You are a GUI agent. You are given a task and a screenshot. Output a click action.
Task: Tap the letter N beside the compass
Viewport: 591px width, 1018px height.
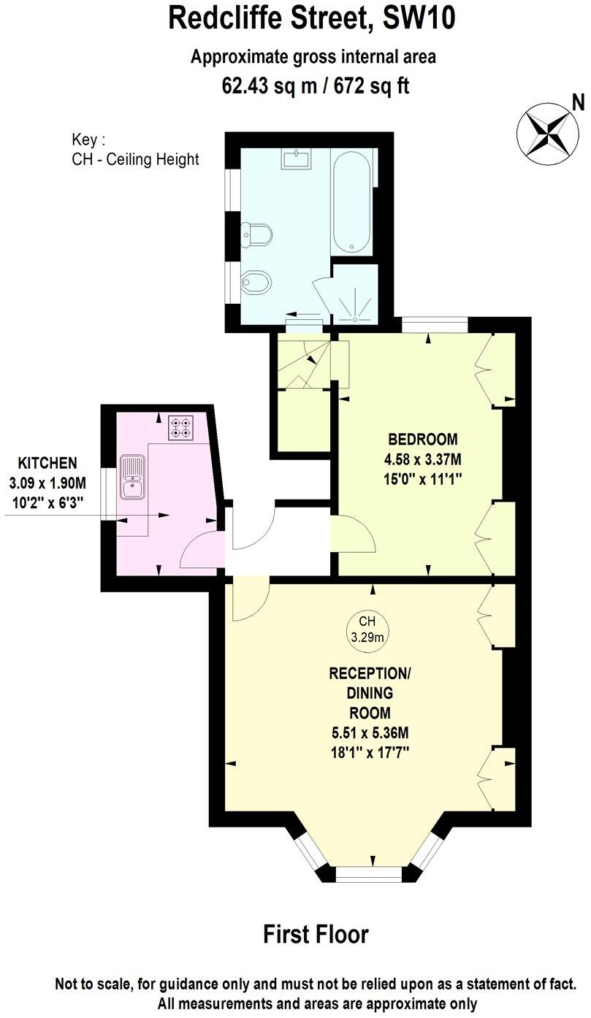tap(578, 103)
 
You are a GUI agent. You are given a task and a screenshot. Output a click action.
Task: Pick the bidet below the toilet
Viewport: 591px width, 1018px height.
tap(257, 281)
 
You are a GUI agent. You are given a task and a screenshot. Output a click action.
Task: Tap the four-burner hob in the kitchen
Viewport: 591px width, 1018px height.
tap(181, 428)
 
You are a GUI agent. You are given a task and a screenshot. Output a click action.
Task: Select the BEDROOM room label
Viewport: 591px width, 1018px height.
tap(423, 440)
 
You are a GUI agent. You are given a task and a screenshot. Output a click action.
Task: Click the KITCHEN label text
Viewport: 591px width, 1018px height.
tap(47, 463)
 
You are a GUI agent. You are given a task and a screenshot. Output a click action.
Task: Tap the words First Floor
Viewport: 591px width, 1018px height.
tap(316, 934)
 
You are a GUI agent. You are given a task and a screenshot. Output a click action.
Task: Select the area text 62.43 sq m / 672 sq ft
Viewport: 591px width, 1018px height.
tap(316, 86)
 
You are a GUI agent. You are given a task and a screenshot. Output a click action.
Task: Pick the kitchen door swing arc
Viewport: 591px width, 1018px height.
tap(199, 551)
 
